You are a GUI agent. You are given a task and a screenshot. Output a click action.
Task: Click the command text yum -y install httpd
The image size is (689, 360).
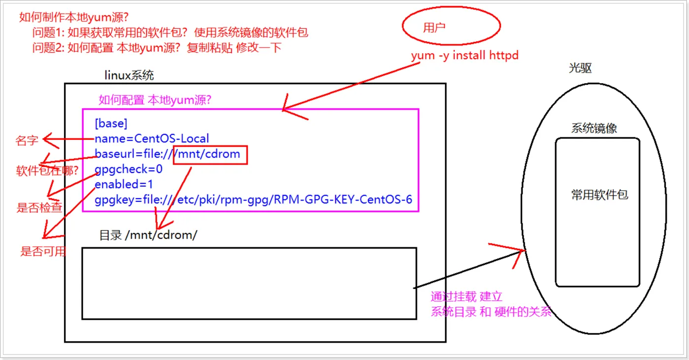(465, 56)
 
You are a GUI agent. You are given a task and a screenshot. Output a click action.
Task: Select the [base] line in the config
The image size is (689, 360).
(111, 123)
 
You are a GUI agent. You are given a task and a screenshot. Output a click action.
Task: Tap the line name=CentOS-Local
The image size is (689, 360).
(152, 139)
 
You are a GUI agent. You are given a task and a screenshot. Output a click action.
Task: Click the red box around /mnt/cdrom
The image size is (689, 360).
(210, 154)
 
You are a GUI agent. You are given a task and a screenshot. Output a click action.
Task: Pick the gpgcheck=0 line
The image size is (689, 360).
(128, 169)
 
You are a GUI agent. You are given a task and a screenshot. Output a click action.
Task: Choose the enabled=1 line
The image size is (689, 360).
(124, 185)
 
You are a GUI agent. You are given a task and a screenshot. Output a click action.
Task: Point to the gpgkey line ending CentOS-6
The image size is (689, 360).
(253, 200)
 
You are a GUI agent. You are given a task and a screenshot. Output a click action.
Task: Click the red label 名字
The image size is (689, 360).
(27, 141)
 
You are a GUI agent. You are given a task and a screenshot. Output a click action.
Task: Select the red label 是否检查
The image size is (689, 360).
(39, 207)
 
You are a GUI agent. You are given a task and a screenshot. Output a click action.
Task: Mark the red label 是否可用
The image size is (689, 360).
(43, 252)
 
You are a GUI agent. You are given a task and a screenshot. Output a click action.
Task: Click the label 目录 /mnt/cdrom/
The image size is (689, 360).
(148, 235)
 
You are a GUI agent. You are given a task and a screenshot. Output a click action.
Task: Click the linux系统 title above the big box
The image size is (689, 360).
(129, 75)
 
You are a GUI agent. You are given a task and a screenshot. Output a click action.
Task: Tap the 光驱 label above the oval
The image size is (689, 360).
(580, 68)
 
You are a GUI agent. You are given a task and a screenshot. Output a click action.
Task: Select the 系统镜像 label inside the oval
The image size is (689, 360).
(594, 129)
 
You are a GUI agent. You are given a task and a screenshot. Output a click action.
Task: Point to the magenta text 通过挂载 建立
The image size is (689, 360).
(466, 296)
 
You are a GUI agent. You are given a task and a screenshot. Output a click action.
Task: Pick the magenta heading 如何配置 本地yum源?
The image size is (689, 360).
(155, 100)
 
